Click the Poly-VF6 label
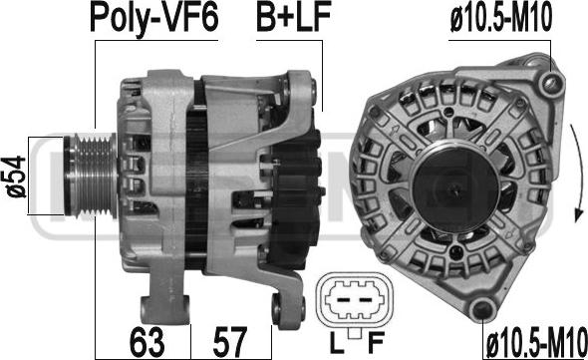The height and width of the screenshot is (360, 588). pyautogui.click(x=153, y=19)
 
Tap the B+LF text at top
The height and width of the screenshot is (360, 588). pyautogui.click(x=290, y=19)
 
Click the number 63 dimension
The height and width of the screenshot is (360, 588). pyautogui.click(x=147, y=341)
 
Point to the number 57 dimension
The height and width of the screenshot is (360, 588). pyautogui.click(x=230, y=341)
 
